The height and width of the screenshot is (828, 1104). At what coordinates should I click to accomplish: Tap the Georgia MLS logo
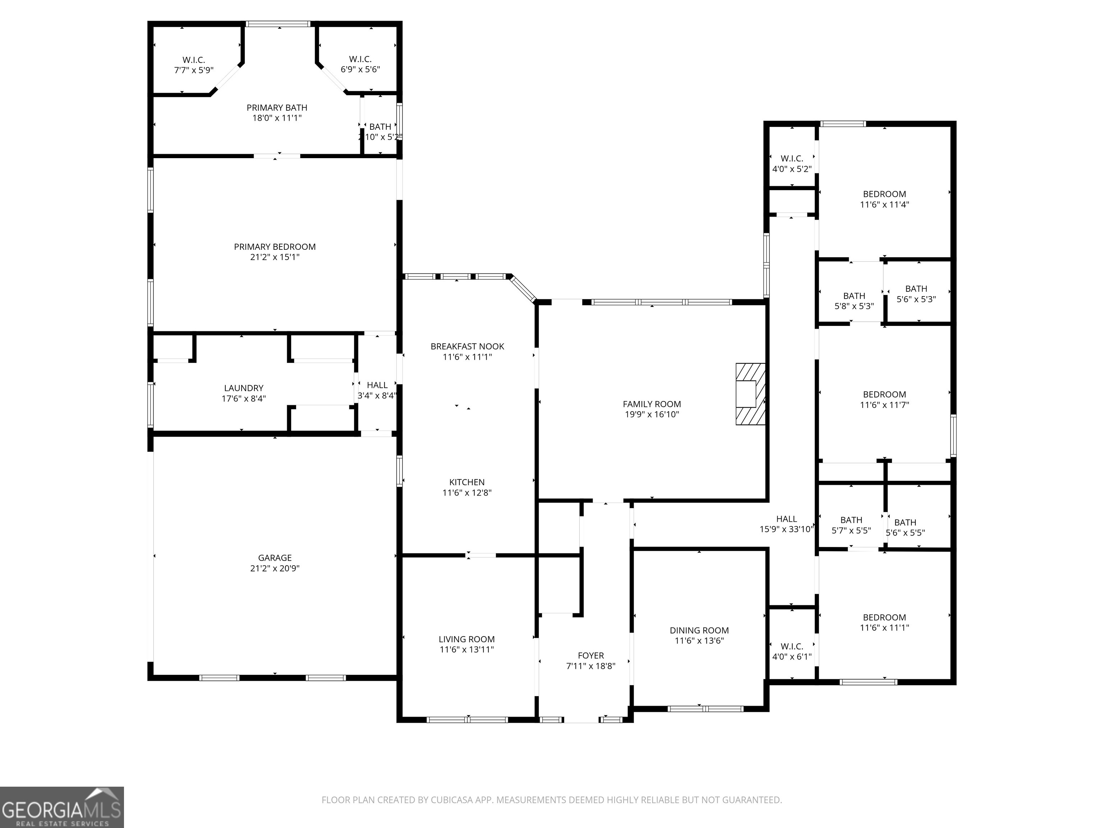61,807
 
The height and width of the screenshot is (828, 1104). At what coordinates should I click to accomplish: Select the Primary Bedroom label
275,247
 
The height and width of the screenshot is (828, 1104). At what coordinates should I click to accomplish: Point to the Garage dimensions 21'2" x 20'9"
275,568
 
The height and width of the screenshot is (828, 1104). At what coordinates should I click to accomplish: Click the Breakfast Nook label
467,346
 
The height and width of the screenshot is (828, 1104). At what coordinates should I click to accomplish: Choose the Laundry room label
244,388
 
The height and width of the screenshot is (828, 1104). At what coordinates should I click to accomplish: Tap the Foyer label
590,655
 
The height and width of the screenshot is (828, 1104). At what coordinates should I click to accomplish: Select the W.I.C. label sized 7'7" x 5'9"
194,60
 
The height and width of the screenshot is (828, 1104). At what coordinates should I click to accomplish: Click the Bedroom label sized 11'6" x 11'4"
884,194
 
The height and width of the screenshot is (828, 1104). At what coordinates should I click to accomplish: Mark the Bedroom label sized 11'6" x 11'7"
884,394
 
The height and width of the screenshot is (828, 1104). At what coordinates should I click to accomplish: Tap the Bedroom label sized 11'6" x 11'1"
884,617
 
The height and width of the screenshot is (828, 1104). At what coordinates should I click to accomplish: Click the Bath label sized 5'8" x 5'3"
854,296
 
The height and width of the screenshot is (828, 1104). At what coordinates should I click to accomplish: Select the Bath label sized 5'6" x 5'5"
905,523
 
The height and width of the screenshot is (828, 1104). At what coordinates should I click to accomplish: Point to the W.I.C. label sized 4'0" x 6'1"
792,646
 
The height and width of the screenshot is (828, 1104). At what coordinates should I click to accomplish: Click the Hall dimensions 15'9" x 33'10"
787,529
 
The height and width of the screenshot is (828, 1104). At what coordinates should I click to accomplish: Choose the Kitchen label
467,482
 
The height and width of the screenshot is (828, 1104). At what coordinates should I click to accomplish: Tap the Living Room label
467,639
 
